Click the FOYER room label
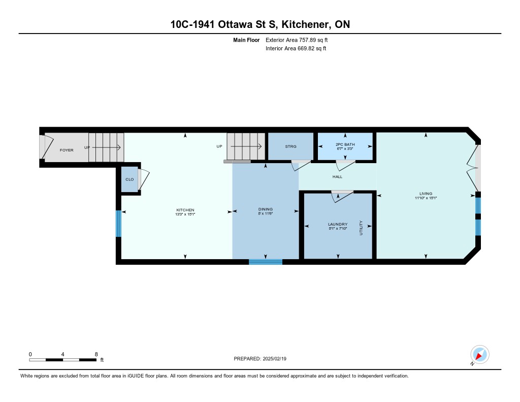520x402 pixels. point(67,150)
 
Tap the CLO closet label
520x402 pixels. point(129,179)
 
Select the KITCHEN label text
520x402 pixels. point(185,210)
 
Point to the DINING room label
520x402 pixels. point(265,209)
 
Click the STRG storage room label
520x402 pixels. point(290,146)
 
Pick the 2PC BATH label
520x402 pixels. point(345,144)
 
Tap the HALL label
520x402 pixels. point(337,176)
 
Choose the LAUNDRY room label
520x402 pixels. point(338,224)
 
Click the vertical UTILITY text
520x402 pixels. point(361,228)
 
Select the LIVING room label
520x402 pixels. point(426,194)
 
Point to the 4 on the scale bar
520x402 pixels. point(62,354)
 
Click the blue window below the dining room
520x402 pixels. point(266,262)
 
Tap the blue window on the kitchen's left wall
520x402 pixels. point(118,224)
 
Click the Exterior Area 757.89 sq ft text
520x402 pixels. point(297,40)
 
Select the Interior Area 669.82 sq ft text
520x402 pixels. point(296,48)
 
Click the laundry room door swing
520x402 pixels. point(342,197)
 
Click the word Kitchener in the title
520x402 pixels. point(306,24)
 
